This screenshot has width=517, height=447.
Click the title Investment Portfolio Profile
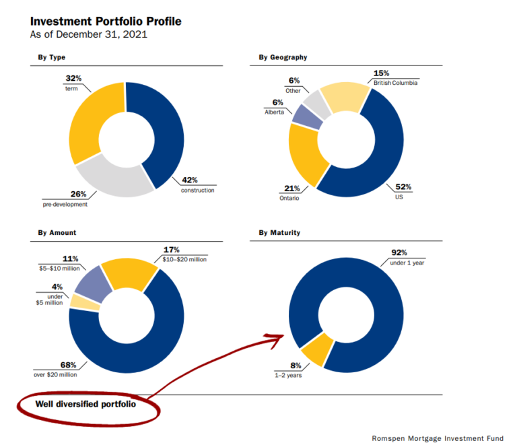coord(106,22)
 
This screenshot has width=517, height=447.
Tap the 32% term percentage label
coord(73,79)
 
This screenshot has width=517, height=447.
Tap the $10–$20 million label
coord(184,259)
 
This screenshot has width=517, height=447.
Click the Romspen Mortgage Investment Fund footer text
coord(437,438)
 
